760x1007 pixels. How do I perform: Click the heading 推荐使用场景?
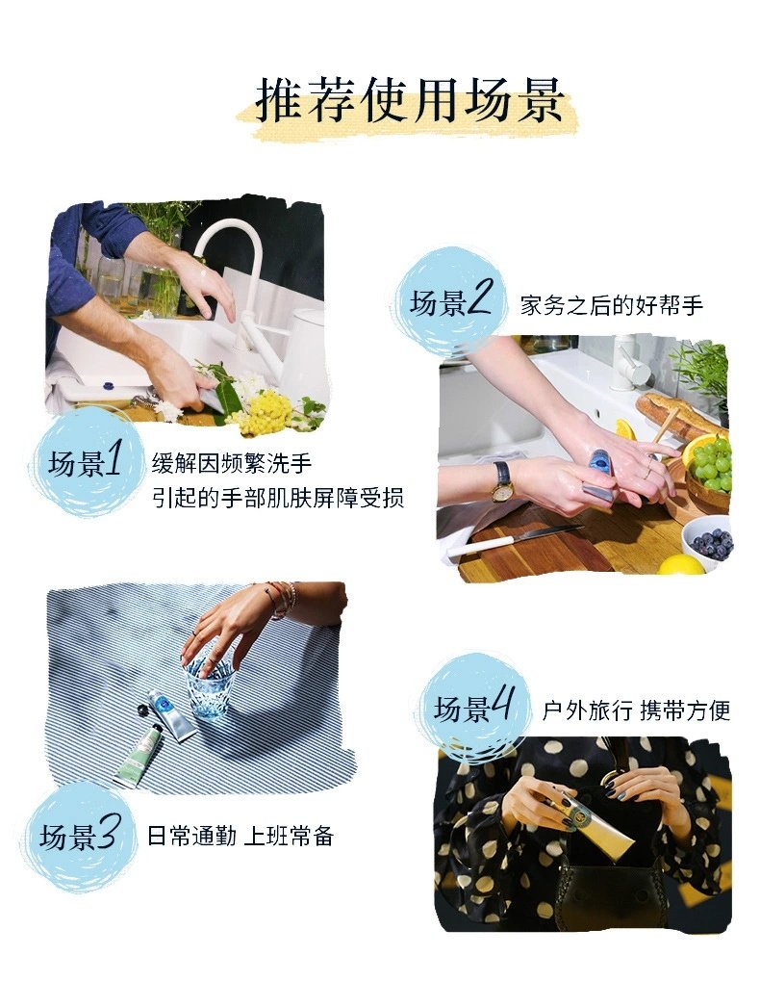[x=409, y=100]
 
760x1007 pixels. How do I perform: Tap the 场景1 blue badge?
[x=86, y=462]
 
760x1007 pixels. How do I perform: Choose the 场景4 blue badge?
[x=474, y=709]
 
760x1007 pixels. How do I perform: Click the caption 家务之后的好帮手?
[x=611, y=306]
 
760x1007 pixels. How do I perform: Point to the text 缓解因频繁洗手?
[x=232, y=463]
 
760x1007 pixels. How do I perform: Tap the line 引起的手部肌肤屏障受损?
[x=277, y=498]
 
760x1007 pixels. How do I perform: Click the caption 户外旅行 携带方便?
[x=636, y=710]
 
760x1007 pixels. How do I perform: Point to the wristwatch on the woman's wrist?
[x=501, y=481]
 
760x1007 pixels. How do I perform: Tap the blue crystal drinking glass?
[x=209, y=685]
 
